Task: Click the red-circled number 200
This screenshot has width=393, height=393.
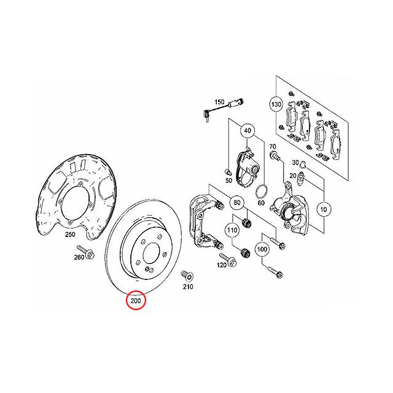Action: [x=135, y=301]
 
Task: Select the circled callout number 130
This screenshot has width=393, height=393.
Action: [x=276, y=105]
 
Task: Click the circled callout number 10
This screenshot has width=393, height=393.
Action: [x=322, y=209]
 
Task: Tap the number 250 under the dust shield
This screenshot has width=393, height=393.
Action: [x=70, y=235]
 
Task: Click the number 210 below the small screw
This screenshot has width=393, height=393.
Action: [x=187, y=287]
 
